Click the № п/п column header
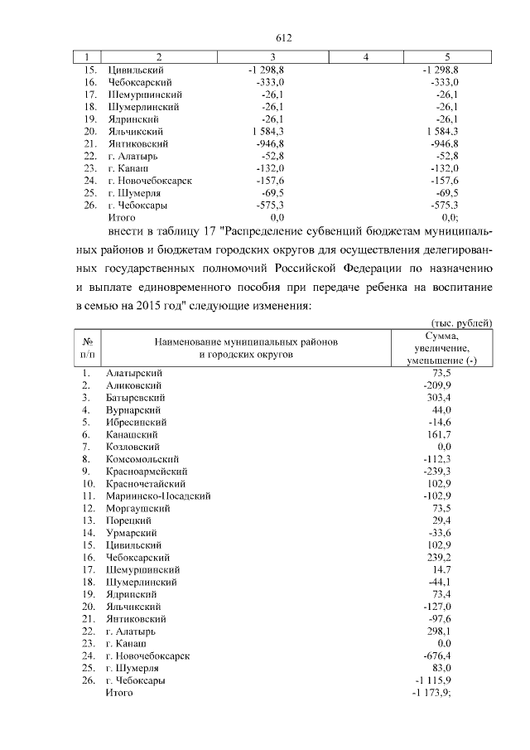[86, 347]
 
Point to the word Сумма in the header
[448, 336]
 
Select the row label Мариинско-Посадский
[157, 495]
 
